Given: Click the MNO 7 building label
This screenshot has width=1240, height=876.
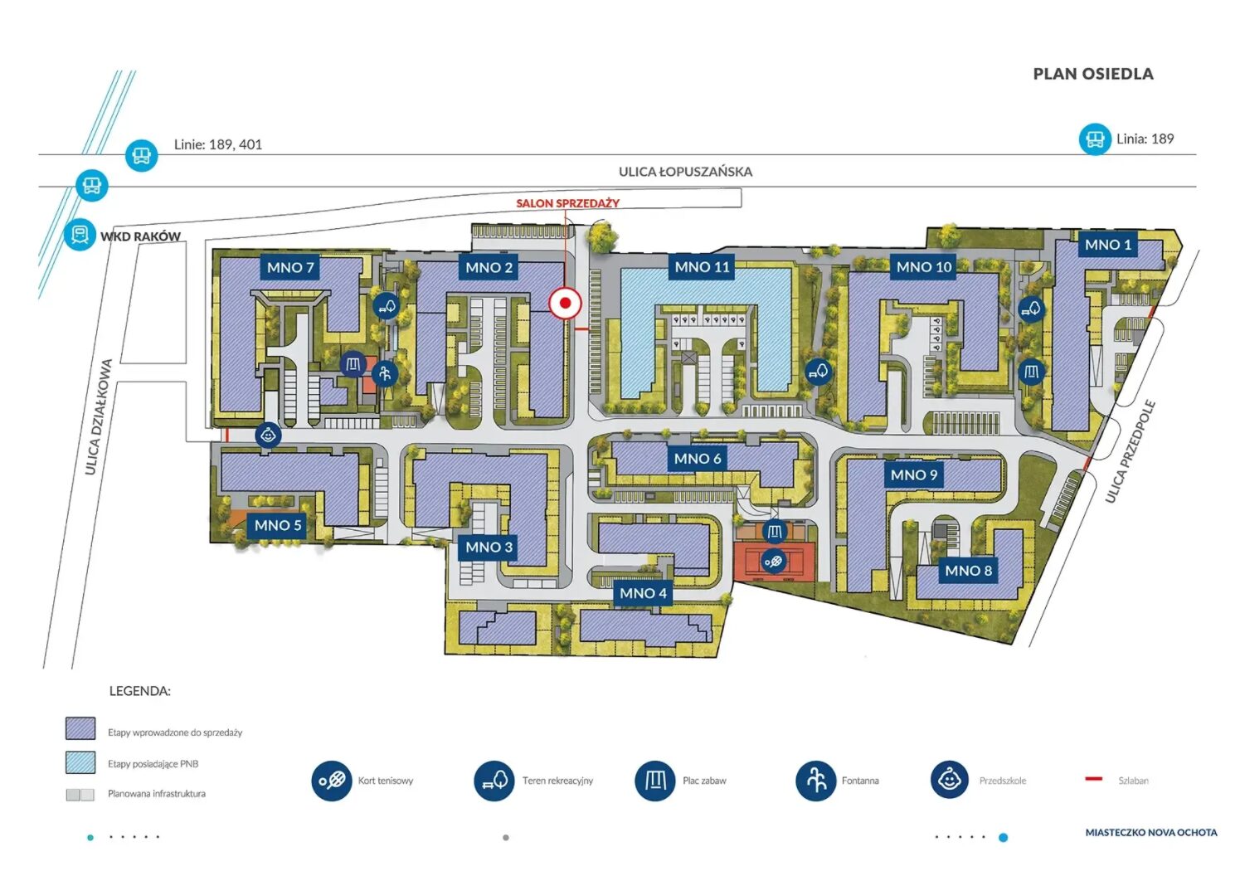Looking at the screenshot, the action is coord(290,267).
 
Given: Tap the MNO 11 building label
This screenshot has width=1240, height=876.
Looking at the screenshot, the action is coord(702,267).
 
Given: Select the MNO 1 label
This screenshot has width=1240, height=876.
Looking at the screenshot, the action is coord(1107,244).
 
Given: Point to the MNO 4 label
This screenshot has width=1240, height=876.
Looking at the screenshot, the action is coord(643,593).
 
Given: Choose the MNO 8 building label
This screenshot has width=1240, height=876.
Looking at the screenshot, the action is coord(968,571).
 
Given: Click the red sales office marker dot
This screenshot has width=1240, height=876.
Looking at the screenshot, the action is coord(565,303).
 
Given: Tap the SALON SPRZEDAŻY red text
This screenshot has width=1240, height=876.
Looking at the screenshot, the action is coord(567,203).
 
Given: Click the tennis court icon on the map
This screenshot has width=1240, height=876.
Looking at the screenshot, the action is coord(773,562).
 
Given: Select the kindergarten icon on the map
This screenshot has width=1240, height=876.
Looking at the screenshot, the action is coord(268,436).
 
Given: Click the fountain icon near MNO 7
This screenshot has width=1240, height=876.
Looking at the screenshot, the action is coord(385,373).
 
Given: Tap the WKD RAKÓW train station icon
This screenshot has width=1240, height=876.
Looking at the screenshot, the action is coord(80,234).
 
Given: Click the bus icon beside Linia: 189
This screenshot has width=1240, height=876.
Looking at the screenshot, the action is coord(1094,139).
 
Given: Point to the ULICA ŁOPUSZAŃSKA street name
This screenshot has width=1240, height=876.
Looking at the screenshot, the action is coord(685,172).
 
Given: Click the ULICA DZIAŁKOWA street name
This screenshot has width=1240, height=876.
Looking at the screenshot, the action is coord(98,417).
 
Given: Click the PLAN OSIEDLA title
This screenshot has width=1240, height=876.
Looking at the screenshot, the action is coord(1093,74).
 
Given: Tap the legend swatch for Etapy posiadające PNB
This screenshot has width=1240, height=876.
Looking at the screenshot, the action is coord(80,762).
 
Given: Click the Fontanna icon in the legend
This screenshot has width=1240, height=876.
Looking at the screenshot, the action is coord(815,781).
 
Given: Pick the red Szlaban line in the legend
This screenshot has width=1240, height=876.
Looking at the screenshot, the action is coord(1094,779).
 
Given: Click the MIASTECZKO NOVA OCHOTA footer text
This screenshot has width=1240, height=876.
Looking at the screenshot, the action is coord(1151,832).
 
